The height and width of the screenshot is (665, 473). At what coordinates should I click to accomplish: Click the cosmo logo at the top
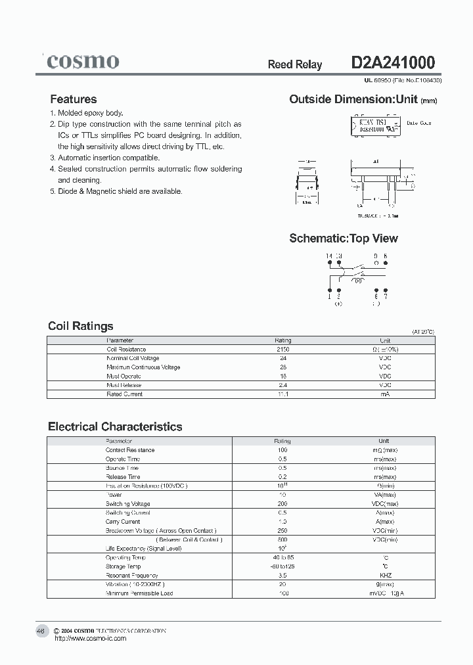point(83,62)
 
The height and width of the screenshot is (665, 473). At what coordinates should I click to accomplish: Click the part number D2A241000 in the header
point(393,63)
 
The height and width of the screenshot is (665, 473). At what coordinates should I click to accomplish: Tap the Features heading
point(74,99)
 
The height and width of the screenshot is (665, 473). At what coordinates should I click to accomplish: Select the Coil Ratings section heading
point(81,326)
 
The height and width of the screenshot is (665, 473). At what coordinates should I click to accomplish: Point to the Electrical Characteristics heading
point(115,426)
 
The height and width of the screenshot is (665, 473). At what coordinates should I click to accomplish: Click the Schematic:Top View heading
point(344,239)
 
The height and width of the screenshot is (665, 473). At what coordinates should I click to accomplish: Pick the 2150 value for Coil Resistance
point(282,350)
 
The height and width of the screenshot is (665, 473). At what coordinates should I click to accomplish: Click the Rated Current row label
point(124,394)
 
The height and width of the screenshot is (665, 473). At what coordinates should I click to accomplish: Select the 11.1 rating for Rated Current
point(282,394)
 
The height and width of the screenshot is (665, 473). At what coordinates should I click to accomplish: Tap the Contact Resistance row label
point(130,450)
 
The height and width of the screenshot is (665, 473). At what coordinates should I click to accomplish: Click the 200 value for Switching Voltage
point(282,504)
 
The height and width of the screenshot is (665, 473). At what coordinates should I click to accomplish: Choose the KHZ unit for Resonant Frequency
point(385,575)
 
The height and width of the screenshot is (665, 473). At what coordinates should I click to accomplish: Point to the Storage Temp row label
point(123,566)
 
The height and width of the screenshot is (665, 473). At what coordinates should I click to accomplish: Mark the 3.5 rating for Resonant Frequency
point(282,575)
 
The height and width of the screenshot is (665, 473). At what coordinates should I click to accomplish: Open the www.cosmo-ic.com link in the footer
point(91,638)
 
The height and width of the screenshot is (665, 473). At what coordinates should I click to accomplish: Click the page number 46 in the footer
point(41,631)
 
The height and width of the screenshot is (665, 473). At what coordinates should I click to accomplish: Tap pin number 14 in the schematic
point(329,256)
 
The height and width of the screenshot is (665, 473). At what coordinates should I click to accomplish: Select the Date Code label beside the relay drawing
point(418,123)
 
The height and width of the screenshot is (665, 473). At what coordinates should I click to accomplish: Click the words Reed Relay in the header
point(295,64)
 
